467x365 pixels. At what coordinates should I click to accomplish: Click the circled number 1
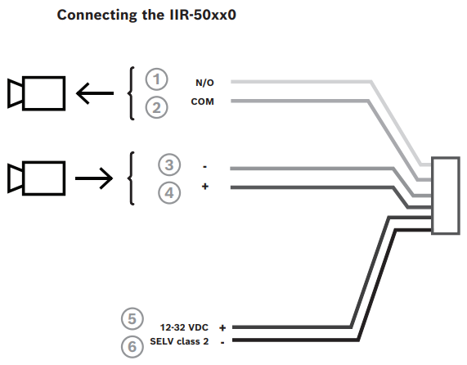click(x=156, y=79)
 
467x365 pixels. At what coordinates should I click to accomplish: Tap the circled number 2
click(x=156, y=107)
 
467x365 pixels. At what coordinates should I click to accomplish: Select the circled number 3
click(x=169, y=164)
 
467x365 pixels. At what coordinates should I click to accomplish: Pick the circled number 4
click(x=169, y=193)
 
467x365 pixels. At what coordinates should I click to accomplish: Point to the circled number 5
click(x=132, y=319)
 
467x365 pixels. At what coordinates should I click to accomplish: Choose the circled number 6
click(x=132, y=346)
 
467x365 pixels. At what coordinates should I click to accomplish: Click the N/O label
click(x=204, y=83)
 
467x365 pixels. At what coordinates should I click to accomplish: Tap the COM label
click(x=203, y=101)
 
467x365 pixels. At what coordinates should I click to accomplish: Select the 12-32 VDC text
click(x=184, y=327)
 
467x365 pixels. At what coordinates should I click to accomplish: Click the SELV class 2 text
click(x=179, y=341)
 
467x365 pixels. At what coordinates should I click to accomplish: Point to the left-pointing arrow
click(x=95, y=93)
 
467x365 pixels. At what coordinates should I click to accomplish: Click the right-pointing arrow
click(x=94, y=178)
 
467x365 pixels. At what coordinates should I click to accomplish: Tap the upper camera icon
click(x=36, y=93)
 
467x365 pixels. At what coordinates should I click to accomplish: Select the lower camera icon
click(x=36, y=178)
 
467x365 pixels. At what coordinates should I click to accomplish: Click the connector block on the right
click(x=446, y=196)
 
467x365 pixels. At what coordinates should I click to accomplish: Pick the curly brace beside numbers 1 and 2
click(x=130, y=93)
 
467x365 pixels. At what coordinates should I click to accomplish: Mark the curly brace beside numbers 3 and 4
click(x=130, y=178)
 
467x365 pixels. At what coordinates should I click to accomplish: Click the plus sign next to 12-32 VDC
click(x=222, y=327)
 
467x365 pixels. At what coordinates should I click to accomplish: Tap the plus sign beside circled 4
click(x=205, y=187)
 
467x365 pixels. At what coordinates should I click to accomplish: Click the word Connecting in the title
click(x=97, y=16)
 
